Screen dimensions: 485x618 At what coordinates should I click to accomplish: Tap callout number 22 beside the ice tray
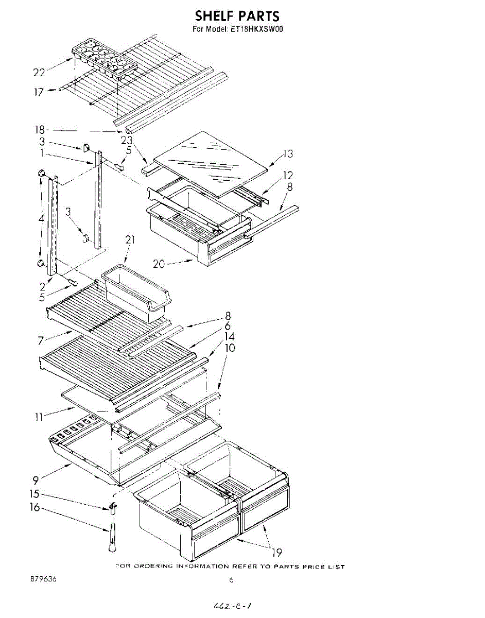40,72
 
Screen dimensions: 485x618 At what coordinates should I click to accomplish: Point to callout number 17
40,93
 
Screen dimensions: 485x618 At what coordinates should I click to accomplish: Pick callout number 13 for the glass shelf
287,153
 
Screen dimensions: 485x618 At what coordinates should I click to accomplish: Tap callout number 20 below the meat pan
159,264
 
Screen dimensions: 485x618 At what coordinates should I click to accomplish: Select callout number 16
34,508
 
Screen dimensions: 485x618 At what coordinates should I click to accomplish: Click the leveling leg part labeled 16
112,539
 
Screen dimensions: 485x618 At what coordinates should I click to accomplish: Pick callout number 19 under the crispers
276,553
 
